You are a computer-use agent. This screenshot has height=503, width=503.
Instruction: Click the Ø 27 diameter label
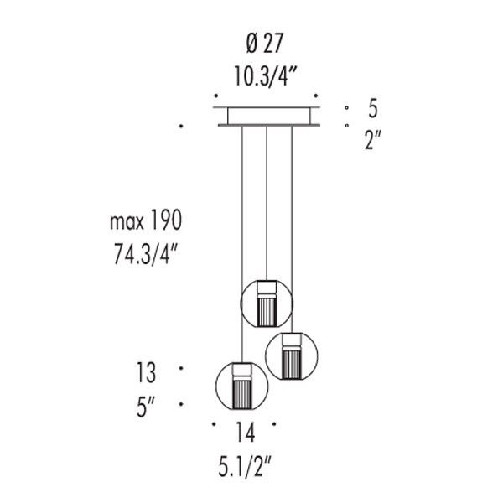pyautogui.click(x=265, y=44)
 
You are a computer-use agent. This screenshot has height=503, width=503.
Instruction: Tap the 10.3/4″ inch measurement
pyautogui.click(x=266, y=75)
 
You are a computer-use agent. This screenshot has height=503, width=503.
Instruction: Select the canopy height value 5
pyautogui.click(x=373, y=108)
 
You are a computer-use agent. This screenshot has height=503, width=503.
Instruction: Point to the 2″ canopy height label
pyautogui.click(x=373, y=140)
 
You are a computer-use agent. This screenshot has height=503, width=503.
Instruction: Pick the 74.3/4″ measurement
pyautogui.click(x=146, y=254)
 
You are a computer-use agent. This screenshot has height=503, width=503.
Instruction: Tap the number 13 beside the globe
pyautogui.click(x=147, y=372)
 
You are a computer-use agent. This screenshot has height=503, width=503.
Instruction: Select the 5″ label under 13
pyautogui.click(x=146, y=407)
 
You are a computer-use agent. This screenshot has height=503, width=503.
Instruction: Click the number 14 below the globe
pyautogui.click(x=246, y=432)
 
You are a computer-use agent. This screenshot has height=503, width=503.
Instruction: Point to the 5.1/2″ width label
pyautogui.click(x=245, y=467)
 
